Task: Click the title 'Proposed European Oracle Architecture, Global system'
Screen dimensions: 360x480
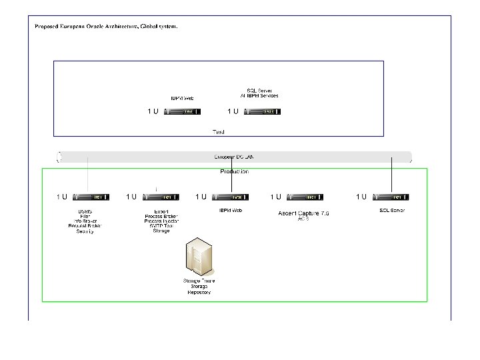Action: (105, 27)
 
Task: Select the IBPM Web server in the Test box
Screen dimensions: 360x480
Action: (183, 112)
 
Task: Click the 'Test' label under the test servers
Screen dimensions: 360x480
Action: (218, 132)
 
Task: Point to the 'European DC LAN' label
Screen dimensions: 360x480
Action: (233, 157)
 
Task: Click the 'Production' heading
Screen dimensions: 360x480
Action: (234, 171)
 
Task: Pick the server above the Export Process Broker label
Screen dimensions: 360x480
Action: (161, 197)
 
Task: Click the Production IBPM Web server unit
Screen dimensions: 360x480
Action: (231, 197)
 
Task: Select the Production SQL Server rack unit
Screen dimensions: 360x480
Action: (391, 197)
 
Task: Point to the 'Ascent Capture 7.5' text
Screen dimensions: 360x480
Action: (303, 213)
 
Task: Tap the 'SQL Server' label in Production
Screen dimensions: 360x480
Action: (391, 210)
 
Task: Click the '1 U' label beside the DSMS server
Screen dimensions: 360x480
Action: (61, 197)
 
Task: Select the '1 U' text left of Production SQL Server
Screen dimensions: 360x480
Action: (361, 197)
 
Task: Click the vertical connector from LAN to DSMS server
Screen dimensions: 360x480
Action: (87, 177)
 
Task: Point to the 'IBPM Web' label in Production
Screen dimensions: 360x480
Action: (231, 211)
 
